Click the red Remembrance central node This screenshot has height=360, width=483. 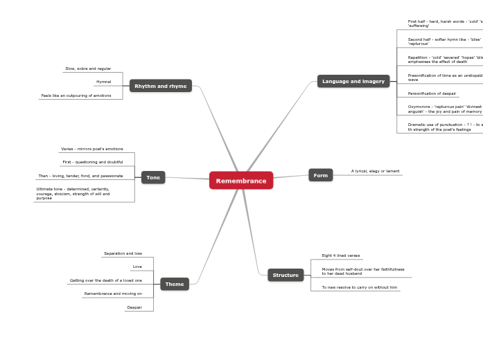[x=241, y=181]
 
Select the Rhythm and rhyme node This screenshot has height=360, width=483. [x=161, y=86]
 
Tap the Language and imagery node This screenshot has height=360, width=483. [x=353, y=81]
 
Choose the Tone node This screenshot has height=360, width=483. [x=153, y=177]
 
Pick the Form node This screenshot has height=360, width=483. [x=321, y=175]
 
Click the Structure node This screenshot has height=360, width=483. [x=286, y=275]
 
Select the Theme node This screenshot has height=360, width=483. [x=175, y=284]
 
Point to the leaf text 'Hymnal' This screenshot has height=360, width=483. [x=104, y=82]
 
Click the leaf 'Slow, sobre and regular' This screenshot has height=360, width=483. [x=88, y=69]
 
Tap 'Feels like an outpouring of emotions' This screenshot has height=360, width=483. [x=76, y=96]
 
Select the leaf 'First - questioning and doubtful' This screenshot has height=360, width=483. [x=93, y=162]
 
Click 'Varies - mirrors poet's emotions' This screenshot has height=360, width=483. [x=92, y=149]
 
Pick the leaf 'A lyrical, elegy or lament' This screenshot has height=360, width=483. [x=375, y=171]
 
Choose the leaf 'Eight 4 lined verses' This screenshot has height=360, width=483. [x=341, y=255]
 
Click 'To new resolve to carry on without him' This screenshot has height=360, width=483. [x=360, y=287]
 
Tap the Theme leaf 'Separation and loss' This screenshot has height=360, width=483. [x=123, y=253]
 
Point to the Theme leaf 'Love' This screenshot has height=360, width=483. [x=137, y=267]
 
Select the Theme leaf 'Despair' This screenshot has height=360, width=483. [x=134, y=307]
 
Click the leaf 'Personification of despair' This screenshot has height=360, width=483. [x=432, y=93]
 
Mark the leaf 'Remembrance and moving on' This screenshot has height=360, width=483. [x=113, y=294]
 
